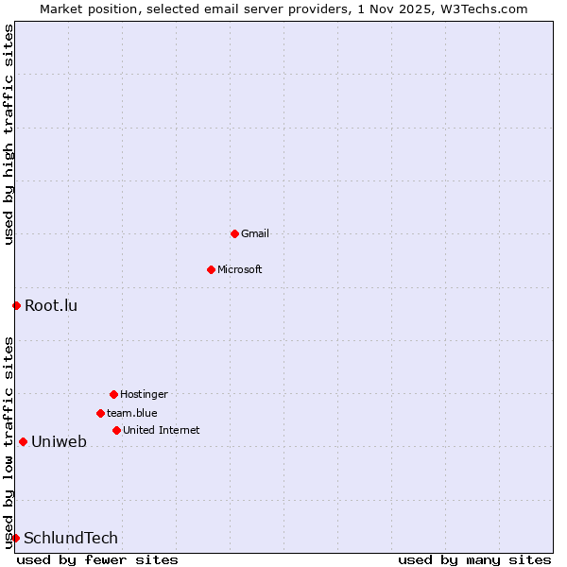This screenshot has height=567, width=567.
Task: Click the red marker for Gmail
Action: click(234, 233)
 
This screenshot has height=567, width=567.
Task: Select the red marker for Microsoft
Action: click(211, 269)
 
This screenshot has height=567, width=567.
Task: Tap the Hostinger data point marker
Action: click(113, 394)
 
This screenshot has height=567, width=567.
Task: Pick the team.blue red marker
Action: click(100, 413)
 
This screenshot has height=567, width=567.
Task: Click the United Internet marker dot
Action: click(116, 430)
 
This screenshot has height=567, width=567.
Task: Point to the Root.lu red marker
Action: click(16, 305)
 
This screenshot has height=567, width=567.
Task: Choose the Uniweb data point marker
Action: click(23, 441)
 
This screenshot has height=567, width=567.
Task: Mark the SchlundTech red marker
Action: click(15, 538)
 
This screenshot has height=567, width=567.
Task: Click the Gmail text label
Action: click(255, 233)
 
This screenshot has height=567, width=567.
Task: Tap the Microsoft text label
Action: click(240, 269)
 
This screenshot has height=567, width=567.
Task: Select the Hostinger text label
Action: click(144, 394)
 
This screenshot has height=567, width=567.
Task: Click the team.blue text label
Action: click(132, 413)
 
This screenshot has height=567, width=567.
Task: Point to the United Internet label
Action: click(162, 430)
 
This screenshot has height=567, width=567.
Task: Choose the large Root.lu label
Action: click(51, 305)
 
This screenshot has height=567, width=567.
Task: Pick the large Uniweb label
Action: click(59, 441)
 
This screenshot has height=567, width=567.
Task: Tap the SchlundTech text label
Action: click(71, 538)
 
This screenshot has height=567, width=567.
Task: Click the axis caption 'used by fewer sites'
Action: click(97, 559)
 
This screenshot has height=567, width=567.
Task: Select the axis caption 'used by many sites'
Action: click(474, 559)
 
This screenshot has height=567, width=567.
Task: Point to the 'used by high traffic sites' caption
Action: click(9, 134)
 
